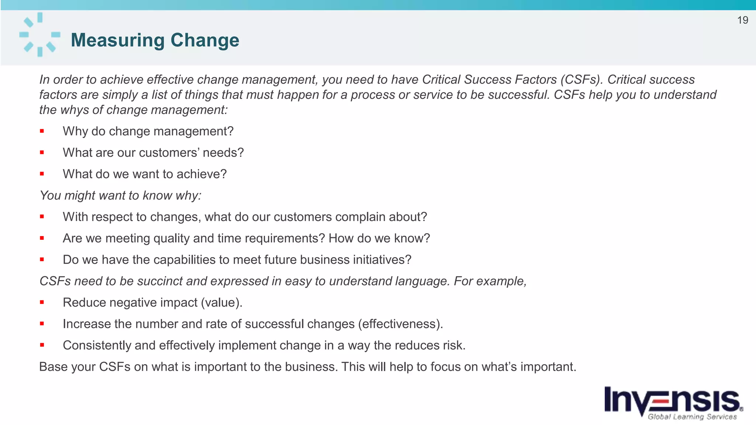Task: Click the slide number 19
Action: [742, 20]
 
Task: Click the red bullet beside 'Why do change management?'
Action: [42, 131]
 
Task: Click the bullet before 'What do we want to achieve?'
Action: [42, 174]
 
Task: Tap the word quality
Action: [171, 238]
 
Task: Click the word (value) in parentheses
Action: [221, 303]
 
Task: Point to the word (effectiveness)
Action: [400, 324]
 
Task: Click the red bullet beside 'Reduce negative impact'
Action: [42, 302]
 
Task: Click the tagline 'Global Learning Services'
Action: [692, 417]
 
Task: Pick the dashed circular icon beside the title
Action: [39, 34]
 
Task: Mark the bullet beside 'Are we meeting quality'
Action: [42, 238]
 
